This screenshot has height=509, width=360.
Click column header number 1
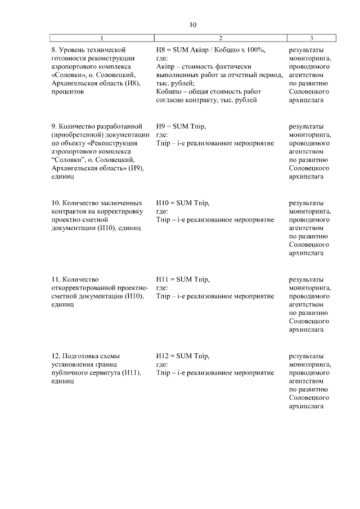point(102,38)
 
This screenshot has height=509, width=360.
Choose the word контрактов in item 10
point(69,211)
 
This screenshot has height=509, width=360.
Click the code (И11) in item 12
point(132,373)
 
